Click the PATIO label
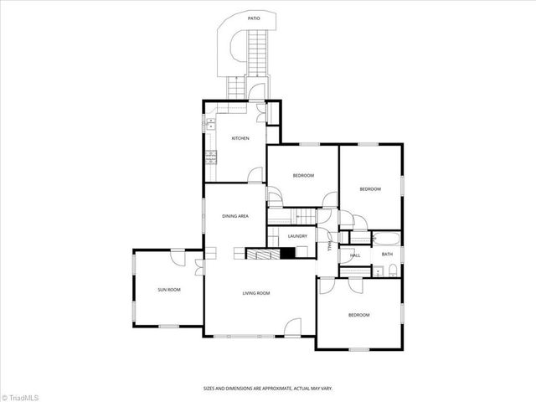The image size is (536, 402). click(253, 17)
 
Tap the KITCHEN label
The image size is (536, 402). click(240, 138)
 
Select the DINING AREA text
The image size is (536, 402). click(235, 216)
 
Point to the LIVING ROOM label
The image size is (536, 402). click(255, 292)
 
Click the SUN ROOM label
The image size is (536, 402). click(169, 290)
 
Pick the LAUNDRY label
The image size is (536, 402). click(297, 236)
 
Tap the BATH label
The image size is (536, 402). click(387, 254)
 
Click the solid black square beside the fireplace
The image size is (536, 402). click(286, 253)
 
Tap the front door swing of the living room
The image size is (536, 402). click(292, 327)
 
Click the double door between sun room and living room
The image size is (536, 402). click(198, 268)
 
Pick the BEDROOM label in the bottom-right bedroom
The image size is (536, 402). click(358, 315)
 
